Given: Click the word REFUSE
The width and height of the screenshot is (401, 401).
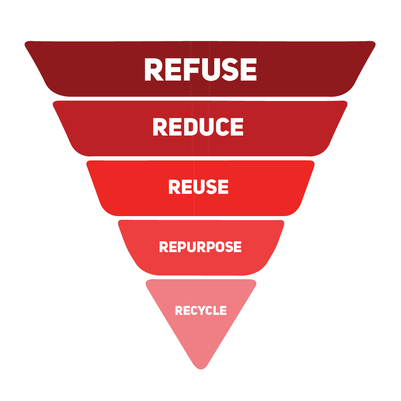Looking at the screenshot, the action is [x=200, y=69].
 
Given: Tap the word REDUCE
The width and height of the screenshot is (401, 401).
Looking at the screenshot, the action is [x=198, y=127].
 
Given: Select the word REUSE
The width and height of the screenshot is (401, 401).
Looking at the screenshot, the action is [x=198, y=187].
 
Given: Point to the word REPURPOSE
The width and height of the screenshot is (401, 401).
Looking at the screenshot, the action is [x=200, y=247].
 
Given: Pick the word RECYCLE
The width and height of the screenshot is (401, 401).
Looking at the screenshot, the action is [x=200, y=310].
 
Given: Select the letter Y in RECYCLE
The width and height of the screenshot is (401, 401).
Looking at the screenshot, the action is [x=200, y=310].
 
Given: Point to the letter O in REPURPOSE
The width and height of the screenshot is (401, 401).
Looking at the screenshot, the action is [x=221, y=247].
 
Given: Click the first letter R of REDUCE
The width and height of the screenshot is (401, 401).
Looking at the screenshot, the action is [x=160, y=127].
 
